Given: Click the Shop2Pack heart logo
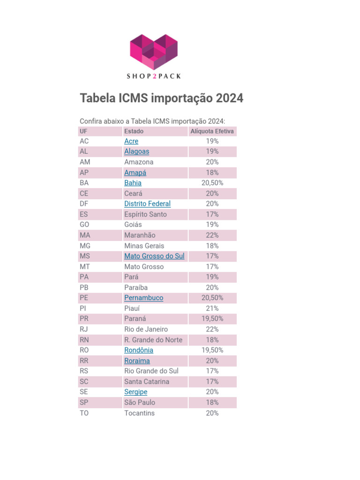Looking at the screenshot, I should pos(154,52).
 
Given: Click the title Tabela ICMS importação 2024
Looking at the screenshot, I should pos(161,98).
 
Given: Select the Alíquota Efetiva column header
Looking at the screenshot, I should pos(212,131).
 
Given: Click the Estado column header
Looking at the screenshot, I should pos(134,131).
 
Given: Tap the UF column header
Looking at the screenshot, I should pos(83,131).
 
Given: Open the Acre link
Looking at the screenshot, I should pos(131,141).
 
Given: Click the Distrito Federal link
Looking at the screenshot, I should pos(147,204).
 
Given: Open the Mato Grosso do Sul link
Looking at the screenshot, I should pos(154,256).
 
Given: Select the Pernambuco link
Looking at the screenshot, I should pos(143,298).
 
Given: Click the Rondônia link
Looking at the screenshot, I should pos(138,350).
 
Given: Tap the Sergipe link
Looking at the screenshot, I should pos(135,392).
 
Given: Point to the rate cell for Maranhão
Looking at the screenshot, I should pos(212,235).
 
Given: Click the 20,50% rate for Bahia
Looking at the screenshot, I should pos(212,183).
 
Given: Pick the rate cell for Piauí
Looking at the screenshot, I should pos(212,308).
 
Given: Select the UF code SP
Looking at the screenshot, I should pos(84,402).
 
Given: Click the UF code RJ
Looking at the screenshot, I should pos(84,329).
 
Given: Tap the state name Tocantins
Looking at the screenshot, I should pos(139,413).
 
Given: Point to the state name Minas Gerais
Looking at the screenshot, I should pos(144,246).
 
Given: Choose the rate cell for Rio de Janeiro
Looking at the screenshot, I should pos(212,329).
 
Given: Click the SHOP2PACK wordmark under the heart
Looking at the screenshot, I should pos(154,76).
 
